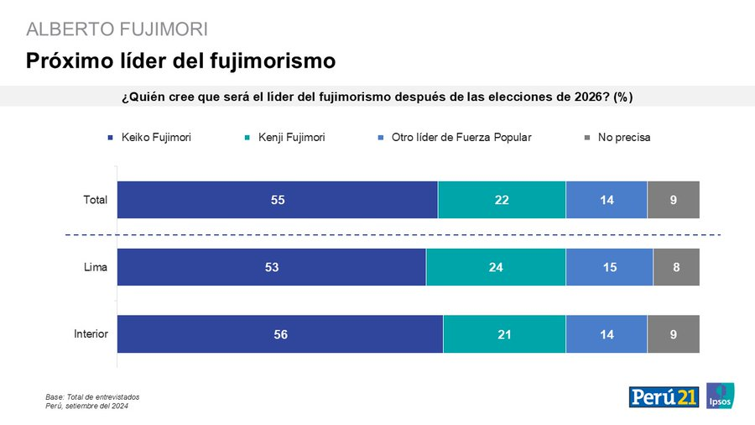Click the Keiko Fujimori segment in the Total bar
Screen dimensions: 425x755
click(277, 200)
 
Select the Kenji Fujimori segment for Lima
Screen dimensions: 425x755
click(496, 267)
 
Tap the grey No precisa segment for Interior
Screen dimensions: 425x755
click(673, 334)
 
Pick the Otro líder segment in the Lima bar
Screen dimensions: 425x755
click(609, 267)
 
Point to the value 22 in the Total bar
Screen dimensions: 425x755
click(502, 200)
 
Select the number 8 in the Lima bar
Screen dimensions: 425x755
click(676, 267)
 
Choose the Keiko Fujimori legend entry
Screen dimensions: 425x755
click(151, 137)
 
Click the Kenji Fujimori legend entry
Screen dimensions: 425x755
click(290, 137)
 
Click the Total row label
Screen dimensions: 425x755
click(95, 200)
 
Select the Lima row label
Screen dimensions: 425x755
click(96, 267)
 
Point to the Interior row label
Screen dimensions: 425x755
click(91, 334)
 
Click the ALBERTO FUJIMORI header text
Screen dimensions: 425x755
click(117, 29)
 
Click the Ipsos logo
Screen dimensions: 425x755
click(721, 396)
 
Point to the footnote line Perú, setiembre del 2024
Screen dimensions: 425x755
click(87, 407)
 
